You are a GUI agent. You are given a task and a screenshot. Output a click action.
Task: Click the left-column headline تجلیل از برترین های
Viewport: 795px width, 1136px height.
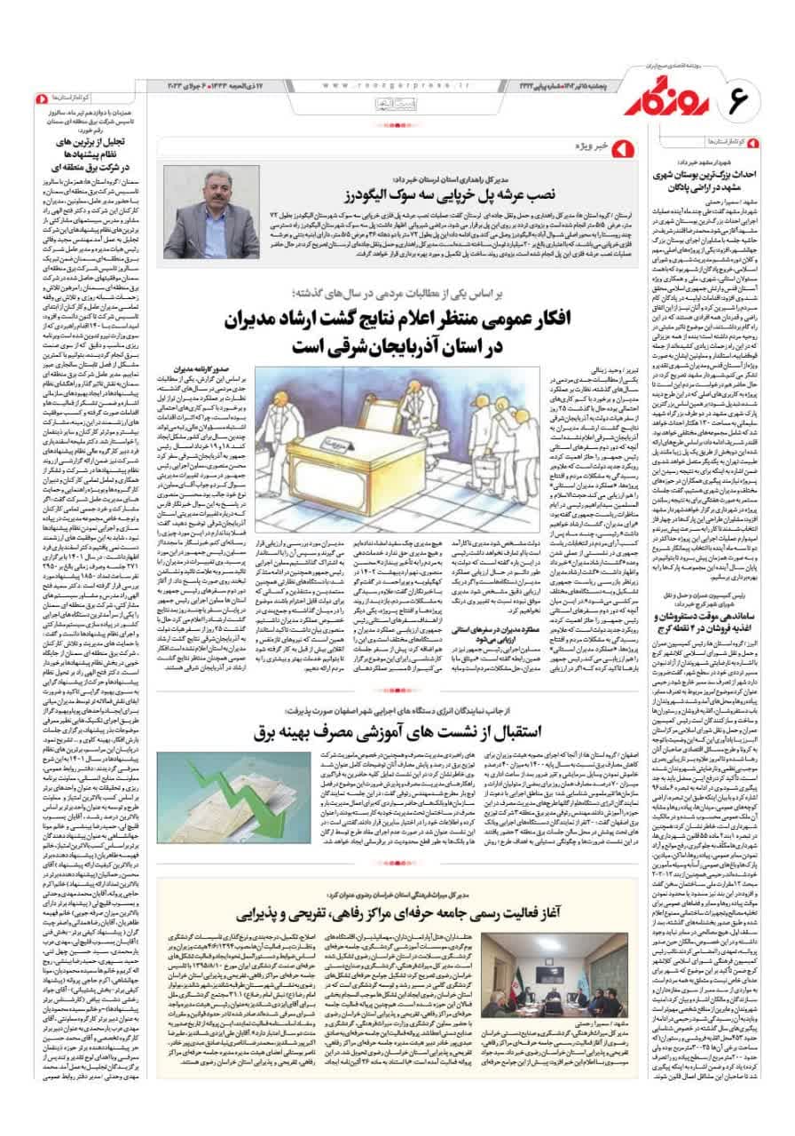80,145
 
